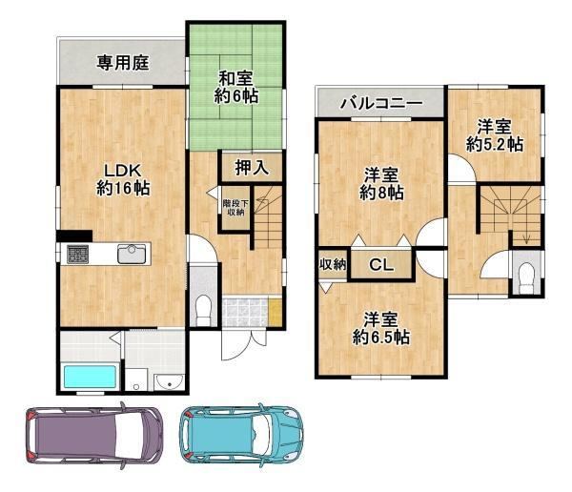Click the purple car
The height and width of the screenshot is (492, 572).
coord(94,436)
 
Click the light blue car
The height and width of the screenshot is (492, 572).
coord(241,435)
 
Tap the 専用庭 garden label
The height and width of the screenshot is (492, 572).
coord(123,63)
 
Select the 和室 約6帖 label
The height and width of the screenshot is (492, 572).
coord(235,87)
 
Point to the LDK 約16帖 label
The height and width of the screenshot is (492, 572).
coord(123,179)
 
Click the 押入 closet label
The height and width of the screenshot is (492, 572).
coord(252,168)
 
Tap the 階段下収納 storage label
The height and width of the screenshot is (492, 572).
coord(235,207)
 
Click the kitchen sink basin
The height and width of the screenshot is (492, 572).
coord(132,254)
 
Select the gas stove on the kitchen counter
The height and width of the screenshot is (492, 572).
coord(77,255)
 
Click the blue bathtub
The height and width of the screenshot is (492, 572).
coord(91,378)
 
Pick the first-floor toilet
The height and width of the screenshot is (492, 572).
coord(203,310)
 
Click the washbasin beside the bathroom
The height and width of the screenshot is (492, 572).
coord(168,382)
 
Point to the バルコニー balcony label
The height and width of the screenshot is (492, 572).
coord(380,104)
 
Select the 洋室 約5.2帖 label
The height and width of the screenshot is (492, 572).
coord(494,135)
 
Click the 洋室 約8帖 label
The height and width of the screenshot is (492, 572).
coord(381,184)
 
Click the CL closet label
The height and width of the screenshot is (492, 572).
coord(381,264)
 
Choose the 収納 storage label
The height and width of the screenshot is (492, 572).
coord(333,264)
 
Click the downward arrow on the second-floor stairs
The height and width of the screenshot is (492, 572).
coord(526,237)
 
